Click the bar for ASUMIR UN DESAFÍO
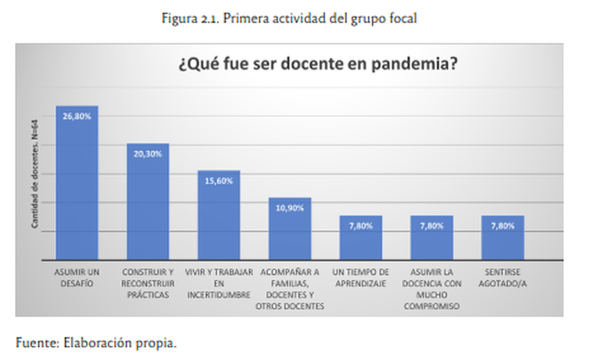pyautogui.click(x=76, y=184)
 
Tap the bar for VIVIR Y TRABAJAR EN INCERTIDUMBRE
pyautogui.click(x=218, y=215)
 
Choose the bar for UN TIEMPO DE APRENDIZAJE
pyautogui.click(x=360, y=238)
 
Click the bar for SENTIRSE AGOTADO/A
pyautogui.click(x=503, y=238)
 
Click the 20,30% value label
pyautogui.click(x=147, y=153)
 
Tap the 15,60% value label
pyautogui.click(x=218, y=181)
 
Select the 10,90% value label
pyautogui.click(x=290, y=207)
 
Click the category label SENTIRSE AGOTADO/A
pyautogui.click(x=503, y=277)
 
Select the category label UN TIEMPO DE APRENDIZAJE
pyautogui.click(x=360, y=277)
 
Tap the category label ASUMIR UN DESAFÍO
pyautogui.click(x=76, y=277)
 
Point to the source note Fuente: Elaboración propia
pyautogui.click(x=96, y=342)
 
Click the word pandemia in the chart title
pyautogui.click(x=414, y=65)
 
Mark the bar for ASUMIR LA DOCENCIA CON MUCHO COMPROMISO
pyautogui.click(x=431, y=238)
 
